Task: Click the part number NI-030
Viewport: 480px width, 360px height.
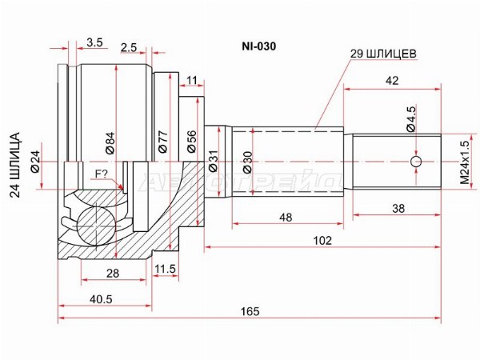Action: (259, 46)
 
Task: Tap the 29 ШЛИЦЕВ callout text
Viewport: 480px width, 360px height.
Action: (383, 54)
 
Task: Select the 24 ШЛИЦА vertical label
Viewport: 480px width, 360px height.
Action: (14, 165)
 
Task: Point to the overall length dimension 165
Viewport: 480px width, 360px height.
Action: (250, 311)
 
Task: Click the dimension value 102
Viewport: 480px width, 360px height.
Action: (322, 241)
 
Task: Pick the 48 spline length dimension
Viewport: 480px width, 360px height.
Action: (286, 218)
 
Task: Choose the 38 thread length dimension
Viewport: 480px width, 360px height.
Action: (398, 209)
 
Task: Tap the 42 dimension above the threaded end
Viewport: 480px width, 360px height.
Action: (392, 81)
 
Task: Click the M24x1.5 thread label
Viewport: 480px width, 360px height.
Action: (464, 162)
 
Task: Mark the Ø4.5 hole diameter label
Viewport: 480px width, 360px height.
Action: (411, 118)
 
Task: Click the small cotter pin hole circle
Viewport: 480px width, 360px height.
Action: (416, 162)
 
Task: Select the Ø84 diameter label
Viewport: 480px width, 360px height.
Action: (110, 142)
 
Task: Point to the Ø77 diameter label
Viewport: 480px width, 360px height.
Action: (162, 142)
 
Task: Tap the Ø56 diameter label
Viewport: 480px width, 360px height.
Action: (191, 142)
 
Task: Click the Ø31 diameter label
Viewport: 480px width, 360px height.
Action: (213, 161)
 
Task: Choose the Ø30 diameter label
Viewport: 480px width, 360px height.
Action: (247, 162)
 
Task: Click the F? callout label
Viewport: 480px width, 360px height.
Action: (102, 174)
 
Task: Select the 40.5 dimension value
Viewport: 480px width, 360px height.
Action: (101, 299)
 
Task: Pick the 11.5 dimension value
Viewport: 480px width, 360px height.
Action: (166, 269)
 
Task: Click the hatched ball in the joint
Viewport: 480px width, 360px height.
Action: (96, 225)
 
